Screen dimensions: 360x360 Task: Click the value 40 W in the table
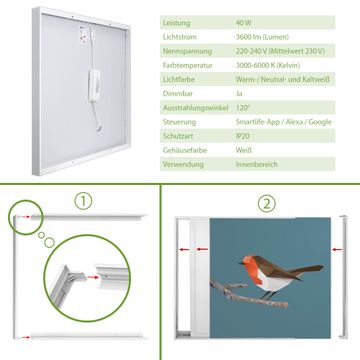coord(244,23)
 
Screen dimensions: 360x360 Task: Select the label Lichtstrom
coord(180,37)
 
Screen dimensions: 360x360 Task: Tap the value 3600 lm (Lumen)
coord(262,37)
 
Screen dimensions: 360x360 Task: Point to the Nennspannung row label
coord(187,51)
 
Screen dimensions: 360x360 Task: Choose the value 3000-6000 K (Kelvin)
coord(268,65)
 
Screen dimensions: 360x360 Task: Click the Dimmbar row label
coord(178,94)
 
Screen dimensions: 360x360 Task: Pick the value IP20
coord(242,136)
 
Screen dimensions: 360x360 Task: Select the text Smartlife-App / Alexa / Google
coord(284,122)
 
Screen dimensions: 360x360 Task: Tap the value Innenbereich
coord(257,164)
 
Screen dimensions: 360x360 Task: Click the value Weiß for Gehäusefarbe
coord(244,150)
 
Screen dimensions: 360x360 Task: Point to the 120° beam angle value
coord(243,108)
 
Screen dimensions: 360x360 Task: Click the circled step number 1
coord(83,201)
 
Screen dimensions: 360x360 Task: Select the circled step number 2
coord(266,203)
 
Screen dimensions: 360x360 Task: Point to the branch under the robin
coord(248,294)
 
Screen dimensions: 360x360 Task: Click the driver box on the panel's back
coord(94,85)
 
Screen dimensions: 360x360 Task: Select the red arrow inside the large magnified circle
coord(93,277)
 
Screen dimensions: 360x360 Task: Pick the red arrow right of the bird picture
coord(337,249)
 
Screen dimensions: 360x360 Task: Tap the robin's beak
coord(241,263)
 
